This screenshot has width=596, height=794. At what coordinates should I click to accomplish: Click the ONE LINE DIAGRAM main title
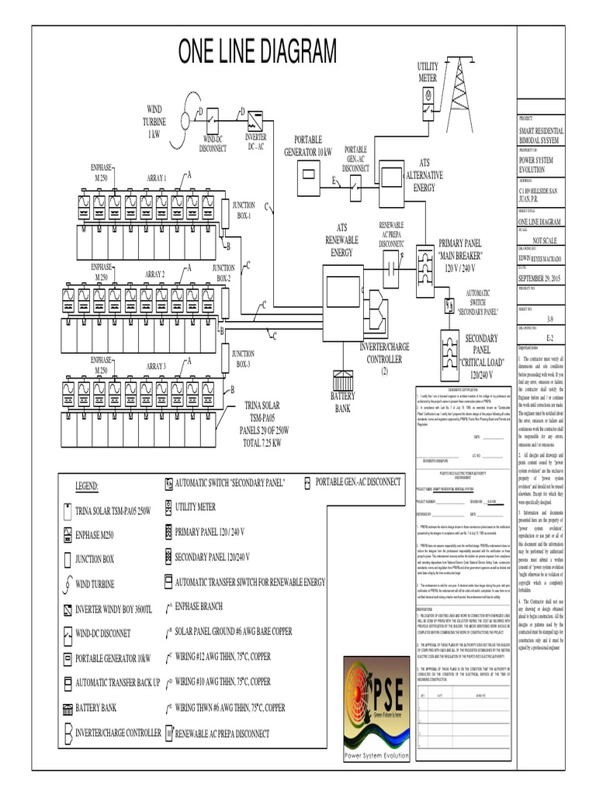coord(258,54)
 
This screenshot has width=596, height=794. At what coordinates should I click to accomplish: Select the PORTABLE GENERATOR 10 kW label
coord(307,145)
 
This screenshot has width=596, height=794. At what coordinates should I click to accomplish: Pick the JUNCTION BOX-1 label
coord(243,211)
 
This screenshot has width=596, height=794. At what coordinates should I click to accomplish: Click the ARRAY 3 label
coord(156,365)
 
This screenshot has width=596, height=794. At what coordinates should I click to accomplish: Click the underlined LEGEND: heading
coord(87,487)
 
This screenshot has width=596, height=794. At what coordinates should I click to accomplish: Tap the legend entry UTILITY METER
coord(196,507)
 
